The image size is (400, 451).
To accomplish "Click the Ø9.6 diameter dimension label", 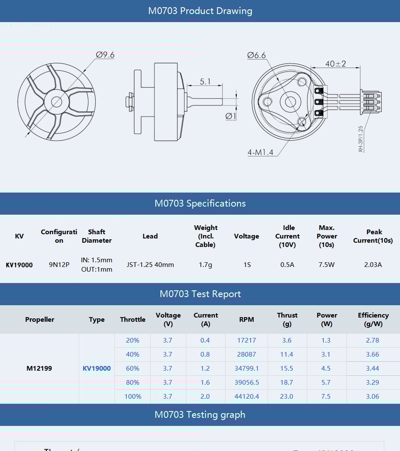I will click(x=105, y=55).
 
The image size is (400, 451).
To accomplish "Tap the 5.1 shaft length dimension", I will click(x=205, y=81).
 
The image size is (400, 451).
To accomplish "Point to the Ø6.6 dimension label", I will click(x=256, y=55).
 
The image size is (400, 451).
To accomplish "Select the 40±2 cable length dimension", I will click(x=335, y=64).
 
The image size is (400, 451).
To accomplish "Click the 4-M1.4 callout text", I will click(x=260, y=152).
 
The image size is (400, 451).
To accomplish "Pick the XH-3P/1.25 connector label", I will click(x=360, y=139).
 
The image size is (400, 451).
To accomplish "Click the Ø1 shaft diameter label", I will click(x=231, y=116).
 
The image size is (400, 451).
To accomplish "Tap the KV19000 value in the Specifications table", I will click(x=19, y=265).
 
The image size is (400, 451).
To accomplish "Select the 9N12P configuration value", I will click(x=59, y=265).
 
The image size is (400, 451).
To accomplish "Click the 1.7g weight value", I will click(x=206, y=265).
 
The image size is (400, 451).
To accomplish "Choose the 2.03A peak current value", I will click(x=373, y=265).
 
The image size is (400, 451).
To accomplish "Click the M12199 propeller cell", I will click(x=39, y=369).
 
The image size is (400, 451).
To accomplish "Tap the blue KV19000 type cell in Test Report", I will click(x=97, y=369).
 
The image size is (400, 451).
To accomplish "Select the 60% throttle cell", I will click(x=132, y=369).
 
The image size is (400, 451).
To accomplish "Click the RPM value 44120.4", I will click(x=246, y=397).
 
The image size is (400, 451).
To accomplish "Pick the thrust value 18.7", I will click(x=287, y=383).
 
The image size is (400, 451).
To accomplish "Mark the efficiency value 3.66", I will click(x=372, y=355).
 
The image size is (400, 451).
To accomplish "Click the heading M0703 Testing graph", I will click(x=200, y=415).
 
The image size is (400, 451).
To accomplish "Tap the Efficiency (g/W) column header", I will click(x=373, y=320).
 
